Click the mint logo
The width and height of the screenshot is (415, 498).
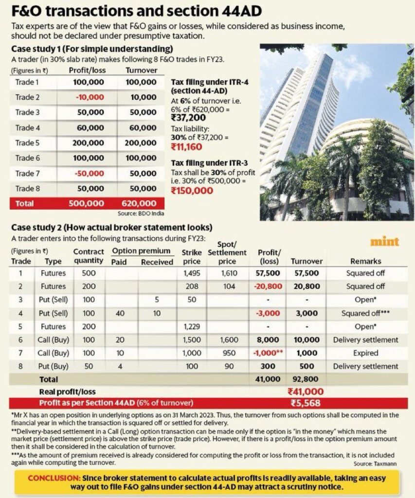pos(384,242)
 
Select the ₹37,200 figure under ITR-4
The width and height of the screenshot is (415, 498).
pos(188,117)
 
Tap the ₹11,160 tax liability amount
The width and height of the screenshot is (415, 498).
pos(187,146)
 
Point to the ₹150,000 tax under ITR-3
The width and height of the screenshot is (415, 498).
pos(192,191)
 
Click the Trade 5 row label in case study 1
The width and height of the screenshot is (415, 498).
pos(27,143)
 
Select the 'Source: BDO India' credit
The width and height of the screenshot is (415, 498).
pos(141,213)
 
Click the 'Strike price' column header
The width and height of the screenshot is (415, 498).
pos(191,257)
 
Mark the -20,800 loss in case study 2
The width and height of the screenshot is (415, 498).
pos(266,286)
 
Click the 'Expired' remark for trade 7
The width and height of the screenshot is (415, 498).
pos(366,353)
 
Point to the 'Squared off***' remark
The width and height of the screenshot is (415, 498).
pos(366,313)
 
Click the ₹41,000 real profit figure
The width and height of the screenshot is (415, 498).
pos(306,391)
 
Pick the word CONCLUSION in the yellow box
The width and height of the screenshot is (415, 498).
pos(53,478)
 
